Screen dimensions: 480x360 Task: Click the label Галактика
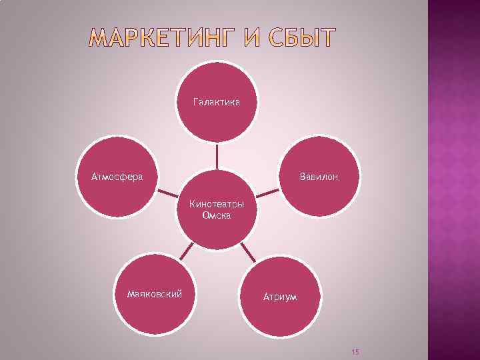216,102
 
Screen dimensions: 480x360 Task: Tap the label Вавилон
319,177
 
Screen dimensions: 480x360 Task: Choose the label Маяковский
155,293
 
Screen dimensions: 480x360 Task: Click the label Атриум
279,296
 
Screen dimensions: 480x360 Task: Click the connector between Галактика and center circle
217,157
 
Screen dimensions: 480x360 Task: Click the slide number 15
355,351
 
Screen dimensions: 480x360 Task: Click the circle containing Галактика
217,120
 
